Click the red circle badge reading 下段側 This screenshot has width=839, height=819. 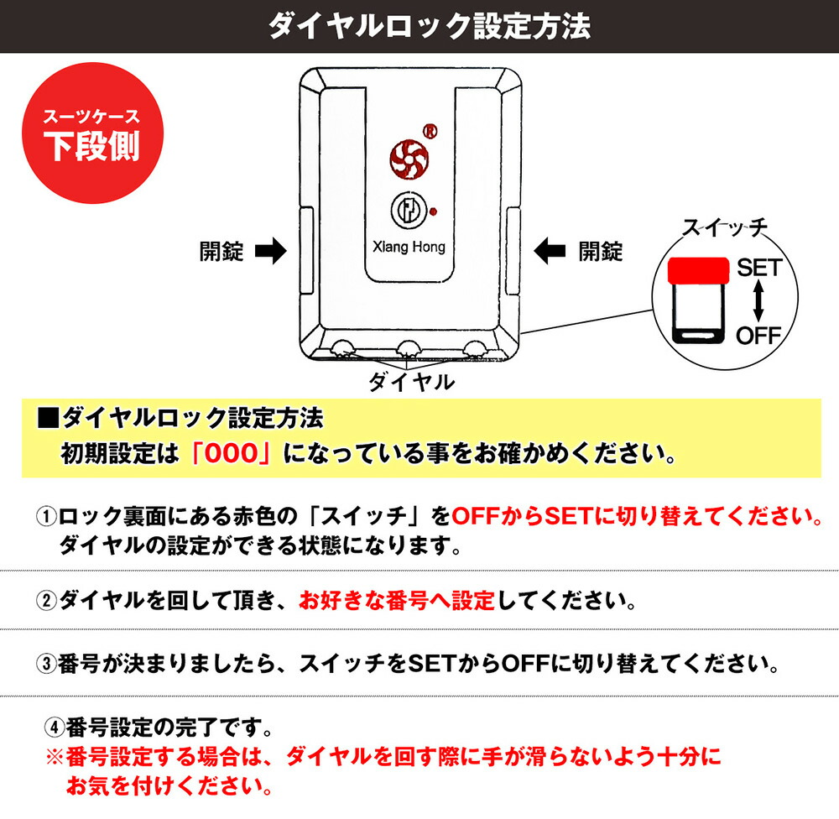92,133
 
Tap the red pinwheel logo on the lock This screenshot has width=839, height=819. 409,159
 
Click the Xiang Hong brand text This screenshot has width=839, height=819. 409,247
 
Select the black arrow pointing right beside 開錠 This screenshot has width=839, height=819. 271,251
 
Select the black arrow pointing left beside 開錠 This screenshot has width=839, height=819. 550,251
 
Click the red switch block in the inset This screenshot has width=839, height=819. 698,270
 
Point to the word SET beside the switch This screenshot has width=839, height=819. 759,267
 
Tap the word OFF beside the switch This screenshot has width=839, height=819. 758,336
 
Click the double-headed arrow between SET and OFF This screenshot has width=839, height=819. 758,301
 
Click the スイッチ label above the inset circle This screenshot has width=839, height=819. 725,228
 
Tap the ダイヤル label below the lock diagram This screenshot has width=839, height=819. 411,382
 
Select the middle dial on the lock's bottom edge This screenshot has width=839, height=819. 409,348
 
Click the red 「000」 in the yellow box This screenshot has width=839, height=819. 232,453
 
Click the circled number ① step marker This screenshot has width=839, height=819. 46,517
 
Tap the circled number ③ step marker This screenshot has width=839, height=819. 46,664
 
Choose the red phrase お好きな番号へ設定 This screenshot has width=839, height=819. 397,601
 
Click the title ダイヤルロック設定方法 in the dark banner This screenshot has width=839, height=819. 429,26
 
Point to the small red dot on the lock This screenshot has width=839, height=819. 434,211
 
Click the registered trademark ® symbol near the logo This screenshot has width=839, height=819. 430,131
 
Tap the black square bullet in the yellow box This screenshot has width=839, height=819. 48,418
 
